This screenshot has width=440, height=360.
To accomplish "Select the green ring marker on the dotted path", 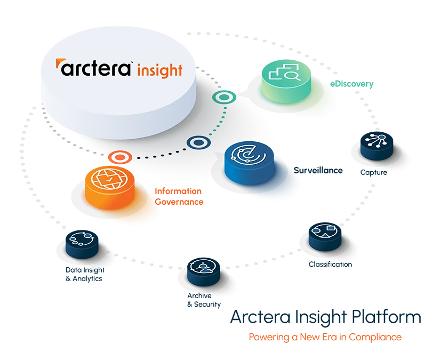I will [221, 98].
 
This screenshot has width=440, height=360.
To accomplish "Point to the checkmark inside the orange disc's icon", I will [109, 181].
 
